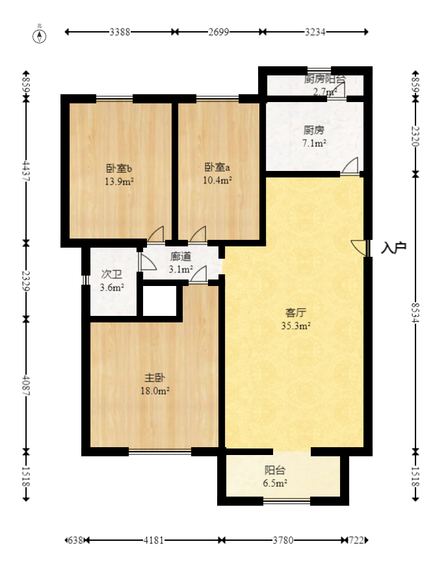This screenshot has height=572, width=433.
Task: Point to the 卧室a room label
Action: click(218, 166)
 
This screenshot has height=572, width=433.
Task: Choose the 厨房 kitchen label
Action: click(314, 129)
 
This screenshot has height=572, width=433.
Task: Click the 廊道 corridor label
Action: click(181, 257)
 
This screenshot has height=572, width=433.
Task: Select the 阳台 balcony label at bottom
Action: click(275, 470)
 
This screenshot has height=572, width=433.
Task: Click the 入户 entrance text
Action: click(394, 248)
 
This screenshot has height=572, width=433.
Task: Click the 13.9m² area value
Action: click(119, 181)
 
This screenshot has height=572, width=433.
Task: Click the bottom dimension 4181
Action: click(155, 540)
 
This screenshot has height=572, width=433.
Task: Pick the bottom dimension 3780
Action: click(282, 540)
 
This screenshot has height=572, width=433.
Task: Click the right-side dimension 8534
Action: click(417, 312)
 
